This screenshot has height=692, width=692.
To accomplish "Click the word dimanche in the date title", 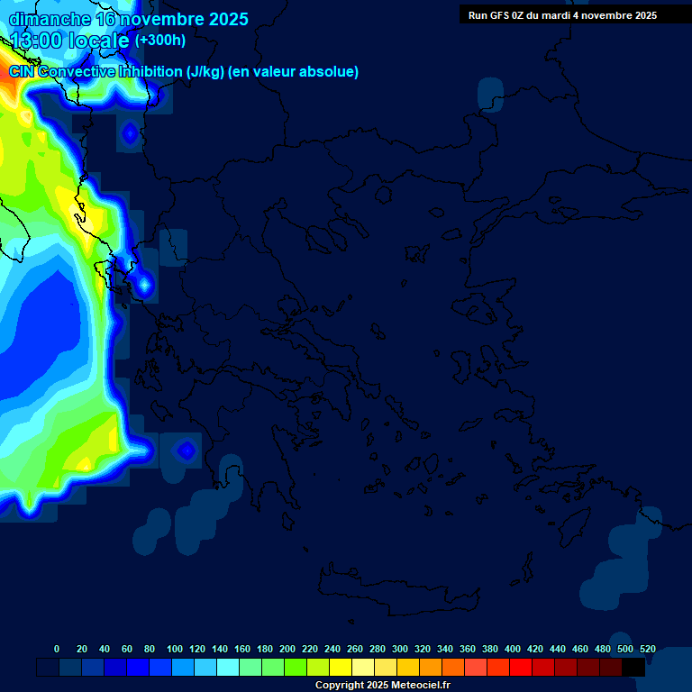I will coord(50,19).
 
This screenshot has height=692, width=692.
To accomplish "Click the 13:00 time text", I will coord(38,41).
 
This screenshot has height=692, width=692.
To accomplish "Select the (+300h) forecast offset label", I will coord(160,41).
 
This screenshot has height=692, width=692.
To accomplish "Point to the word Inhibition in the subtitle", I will coord(150,72).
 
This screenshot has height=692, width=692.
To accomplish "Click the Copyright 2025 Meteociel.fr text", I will coord(382,685).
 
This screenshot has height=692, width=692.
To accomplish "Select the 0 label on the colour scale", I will coord(57,649).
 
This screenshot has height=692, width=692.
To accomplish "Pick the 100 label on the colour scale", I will coord(175,649).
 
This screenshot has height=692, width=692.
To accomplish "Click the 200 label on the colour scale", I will coord(287,649).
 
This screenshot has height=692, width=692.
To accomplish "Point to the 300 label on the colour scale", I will coord(400,649).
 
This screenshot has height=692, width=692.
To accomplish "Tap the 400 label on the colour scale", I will coord(513,649).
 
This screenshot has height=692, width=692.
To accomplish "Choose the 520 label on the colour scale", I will coord(648,649).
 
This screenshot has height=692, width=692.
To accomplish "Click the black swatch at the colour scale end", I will coord(633,668).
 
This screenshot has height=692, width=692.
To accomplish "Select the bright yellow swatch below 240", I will coord(341,668).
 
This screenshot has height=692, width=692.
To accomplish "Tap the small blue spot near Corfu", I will coord(144,286).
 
